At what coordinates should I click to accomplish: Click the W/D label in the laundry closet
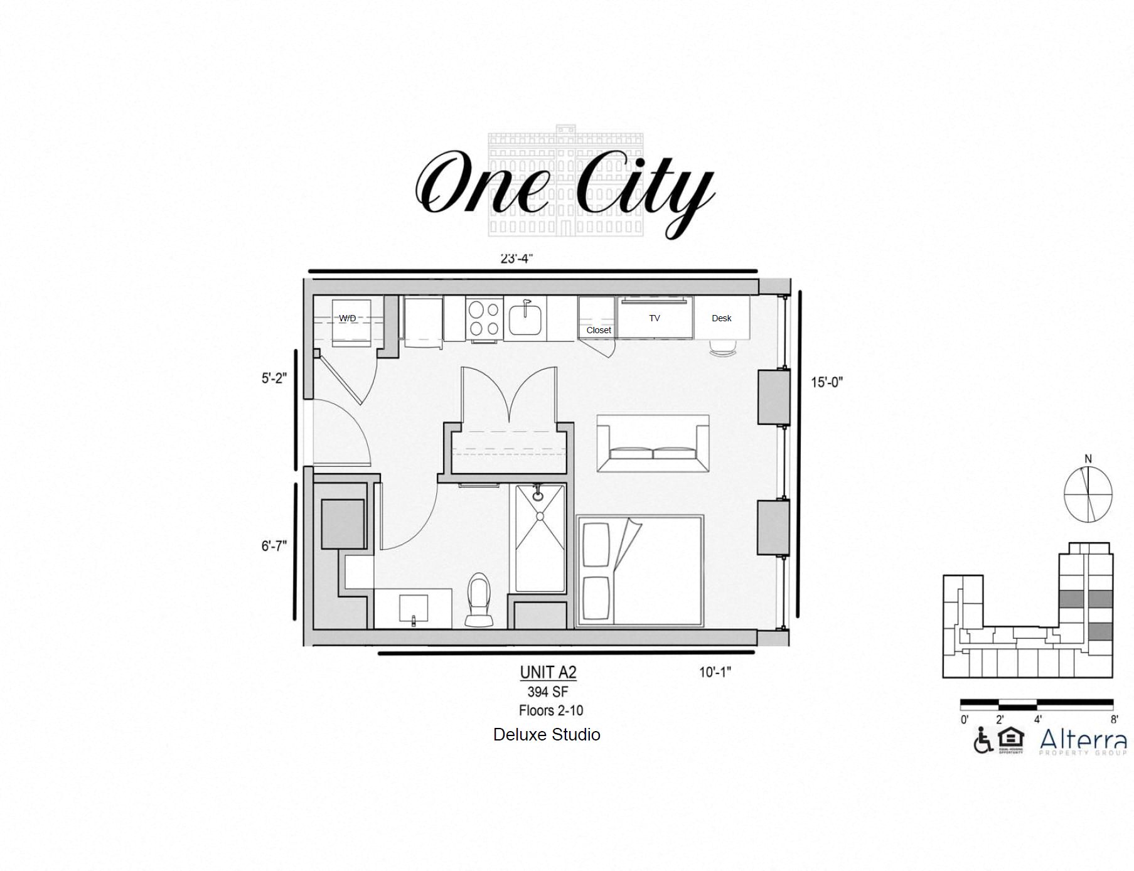click(x=347, y=318)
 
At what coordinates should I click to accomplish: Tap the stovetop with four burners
click(x=483, y=319)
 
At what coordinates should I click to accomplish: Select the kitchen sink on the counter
click(x=526, y=319)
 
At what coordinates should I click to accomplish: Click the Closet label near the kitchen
click(x=598, y=330)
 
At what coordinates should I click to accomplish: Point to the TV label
click(x=654, y=318)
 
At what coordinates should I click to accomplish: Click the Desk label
click(x=721, y=318)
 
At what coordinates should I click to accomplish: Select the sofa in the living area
click(x=653, y=443)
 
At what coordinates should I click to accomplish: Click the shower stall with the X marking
click(x=540, y=538)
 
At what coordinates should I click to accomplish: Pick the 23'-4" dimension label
click(x=516, y=259)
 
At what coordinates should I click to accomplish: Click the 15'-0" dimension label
click(x=826, y=382)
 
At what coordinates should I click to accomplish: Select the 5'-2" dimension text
click(x=274, y=378)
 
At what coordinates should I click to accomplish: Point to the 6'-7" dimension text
click(x=274, y=546)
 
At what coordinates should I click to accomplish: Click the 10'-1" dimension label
click(x=715, y=672)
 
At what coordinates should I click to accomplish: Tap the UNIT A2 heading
click(x=547, y=672)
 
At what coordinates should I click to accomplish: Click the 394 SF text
click(x=547, y=692)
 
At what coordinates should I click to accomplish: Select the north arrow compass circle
click(x=1088, y=494)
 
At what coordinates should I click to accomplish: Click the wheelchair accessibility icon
click(x=982, y=740)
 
